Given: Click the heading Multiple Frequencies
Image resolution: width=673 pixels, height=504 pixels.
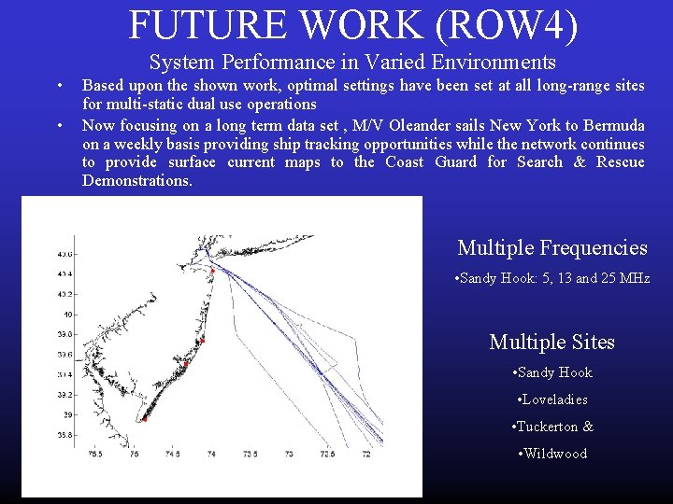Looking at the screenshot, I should click(x=551, y=247).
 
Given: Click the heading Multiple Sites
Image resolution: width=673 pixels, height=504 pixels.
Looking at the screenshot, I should click(x=551, y=343).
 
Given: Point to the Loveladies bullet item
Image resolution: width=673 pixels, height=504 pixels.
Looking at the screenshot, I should click(x=551, y=399).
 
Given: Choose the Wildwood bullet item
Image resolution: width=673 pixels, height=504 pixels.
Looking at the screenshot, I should click(x=551, y=454).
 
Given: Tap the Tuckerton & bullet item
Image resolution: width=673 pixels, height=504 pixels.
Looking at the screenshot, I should click(x=551, y=427).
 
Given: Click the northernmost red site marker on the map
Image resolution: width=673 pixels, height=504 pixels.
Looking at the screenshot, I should click(x=213, y=271).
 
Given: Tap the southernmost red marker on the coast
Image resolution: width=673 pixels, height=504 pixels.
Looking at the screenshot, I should click(x=144, y=419).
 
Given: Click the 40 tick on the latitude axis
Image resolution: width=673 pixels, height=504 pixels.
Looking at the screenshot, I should click(x=66, y=315).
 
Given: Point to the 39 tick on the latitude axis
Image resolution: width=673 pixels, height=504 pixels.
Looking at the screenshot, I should click(x=66, y=414).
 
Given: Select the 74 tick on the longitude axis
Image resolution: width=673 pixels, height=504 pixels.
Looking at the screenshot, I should click(x=211, y=455).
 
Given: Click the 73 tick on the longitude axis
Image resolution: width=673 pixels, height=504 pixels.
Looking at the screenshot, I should click(x=289, y=455).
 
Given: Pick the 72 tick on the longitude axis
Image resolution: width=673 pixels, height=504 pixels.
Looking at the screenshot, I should click(x=365, y=455).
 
